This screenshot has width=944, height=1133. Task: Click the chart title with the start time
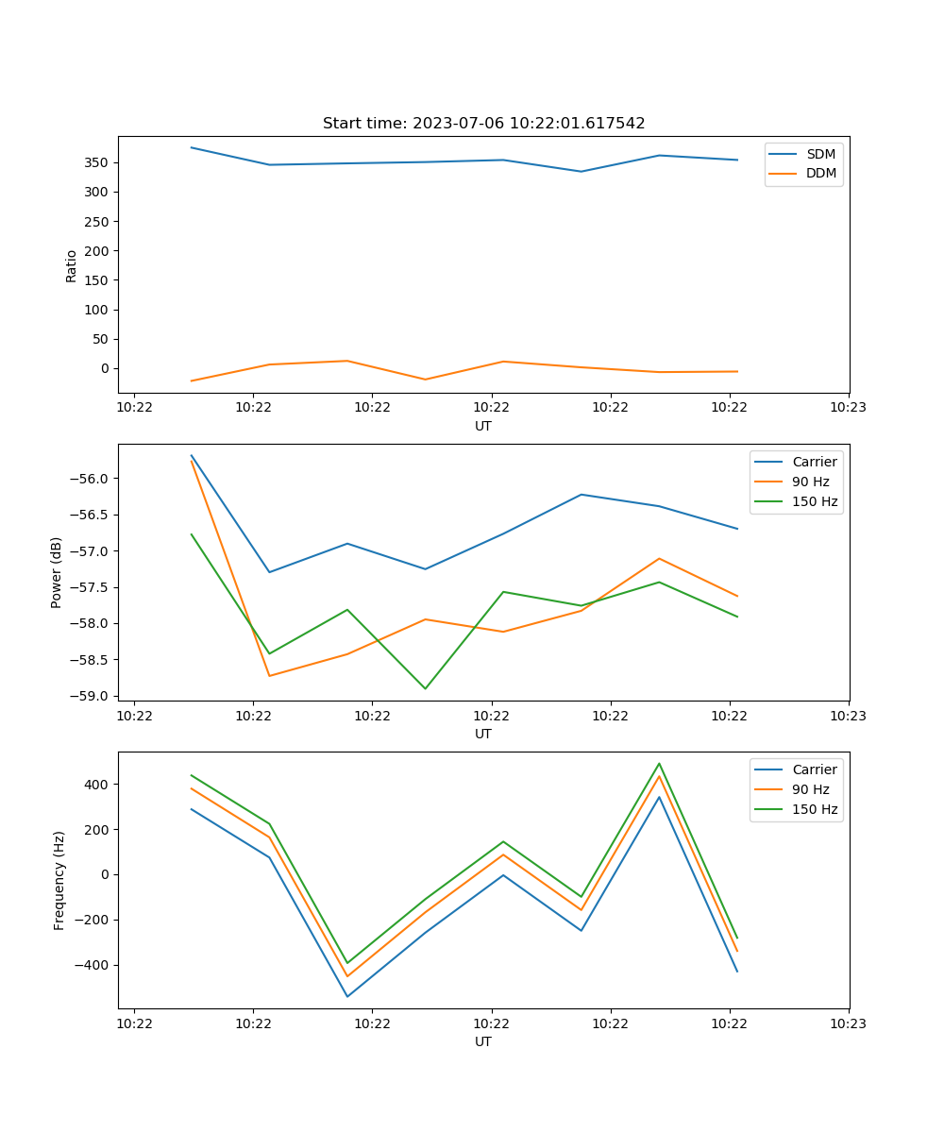click(483, 124)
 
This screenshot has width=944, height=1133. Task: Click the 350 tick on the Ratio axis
click(97, 162)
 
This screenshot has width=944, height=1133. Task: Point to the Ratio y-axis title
click(72, 265)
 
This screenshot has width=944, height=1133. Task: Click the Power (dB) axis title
click(57, 572)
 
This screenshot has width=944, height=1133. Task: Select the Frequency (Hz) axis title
click(59, 880)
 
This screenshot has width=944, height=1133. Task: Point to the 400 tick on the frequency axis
click(97, 785)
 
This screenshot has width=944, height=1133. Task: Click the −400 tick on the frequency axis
click(93, 965)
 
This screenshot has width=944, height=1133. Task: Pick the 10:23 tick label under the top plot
click(848, 408)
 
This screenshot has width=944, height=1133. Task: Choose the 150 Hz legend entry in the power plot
click(815, 501)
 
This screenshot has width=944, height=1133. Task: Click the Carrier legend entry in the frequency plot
click(814, 769)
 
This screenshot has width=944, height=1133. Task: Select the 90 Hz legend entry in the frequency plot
click(810, 789)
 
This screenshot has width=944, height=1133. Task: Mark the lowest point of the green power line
click(425, 688)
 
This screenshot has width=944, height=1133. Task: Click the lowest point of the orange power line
click(270, 676)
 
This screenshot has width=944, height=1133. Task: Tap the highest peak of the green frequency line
click(659, 764)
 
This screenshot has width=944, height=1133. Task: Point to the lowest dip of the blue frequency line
click(347, 996)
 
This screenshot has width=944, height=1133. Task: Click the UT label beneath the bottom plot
click(483, 1041)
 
